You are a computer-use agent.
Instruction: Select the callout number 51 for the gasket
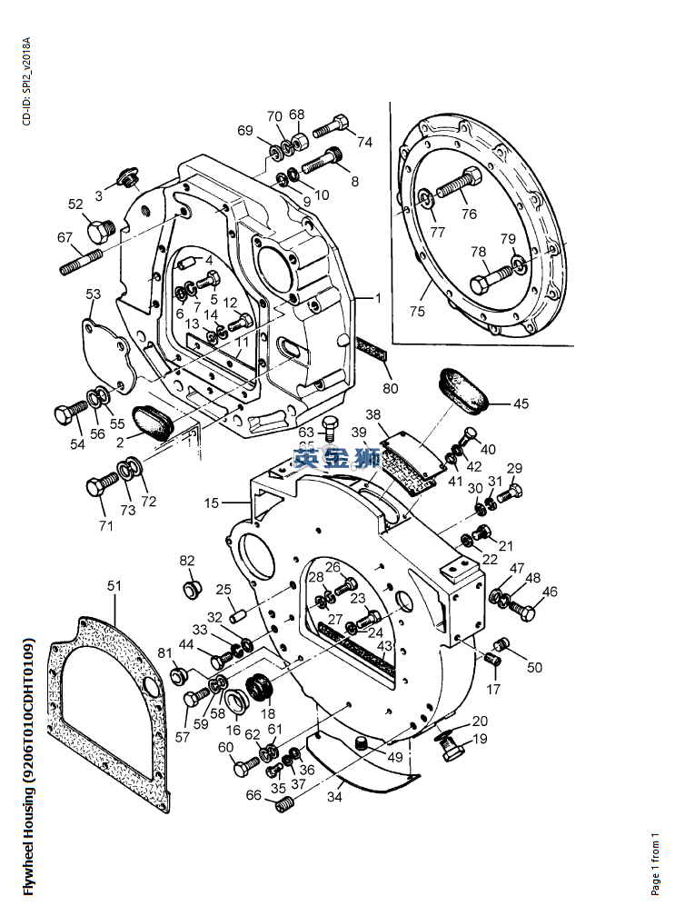[114, 586]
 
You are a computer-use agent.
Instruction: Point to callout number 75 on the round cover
[417, 312]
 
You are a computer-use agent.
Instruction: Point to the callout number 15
[211, 503]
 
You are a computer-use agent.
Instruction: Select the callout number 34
[334, 799]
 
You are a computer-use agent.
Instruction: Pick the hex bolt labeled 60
[243, 768]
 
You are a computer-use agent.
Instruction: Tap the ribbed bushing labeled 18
[261, 689]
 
